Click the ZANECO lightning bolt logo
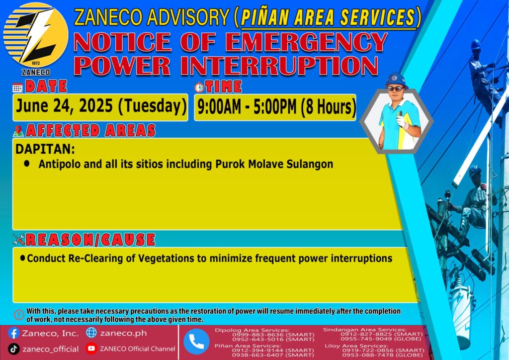[35, 35]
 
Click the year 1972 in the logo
[36, 63]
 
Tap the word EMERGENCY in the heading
[306, 42]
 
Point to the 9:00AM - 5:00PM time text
[247, 107]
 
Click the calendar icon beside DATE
[17, 88]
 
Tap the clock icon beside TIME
[199, 87]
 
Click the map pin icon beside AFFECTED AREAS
[18, 131]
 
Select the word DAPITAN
[45, 149]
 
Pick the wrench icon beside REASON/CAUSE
[19, 240]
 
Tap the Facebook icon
[13, 333]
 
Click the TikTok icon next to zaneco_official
[13, 349]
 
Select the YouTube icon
[91, 349]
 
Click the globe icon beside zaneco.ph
[91, 333]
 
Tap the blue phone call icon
[196, 342]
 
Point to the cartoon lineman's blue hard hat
[396, 80]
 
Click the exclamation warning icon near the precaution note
[19, 315]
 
